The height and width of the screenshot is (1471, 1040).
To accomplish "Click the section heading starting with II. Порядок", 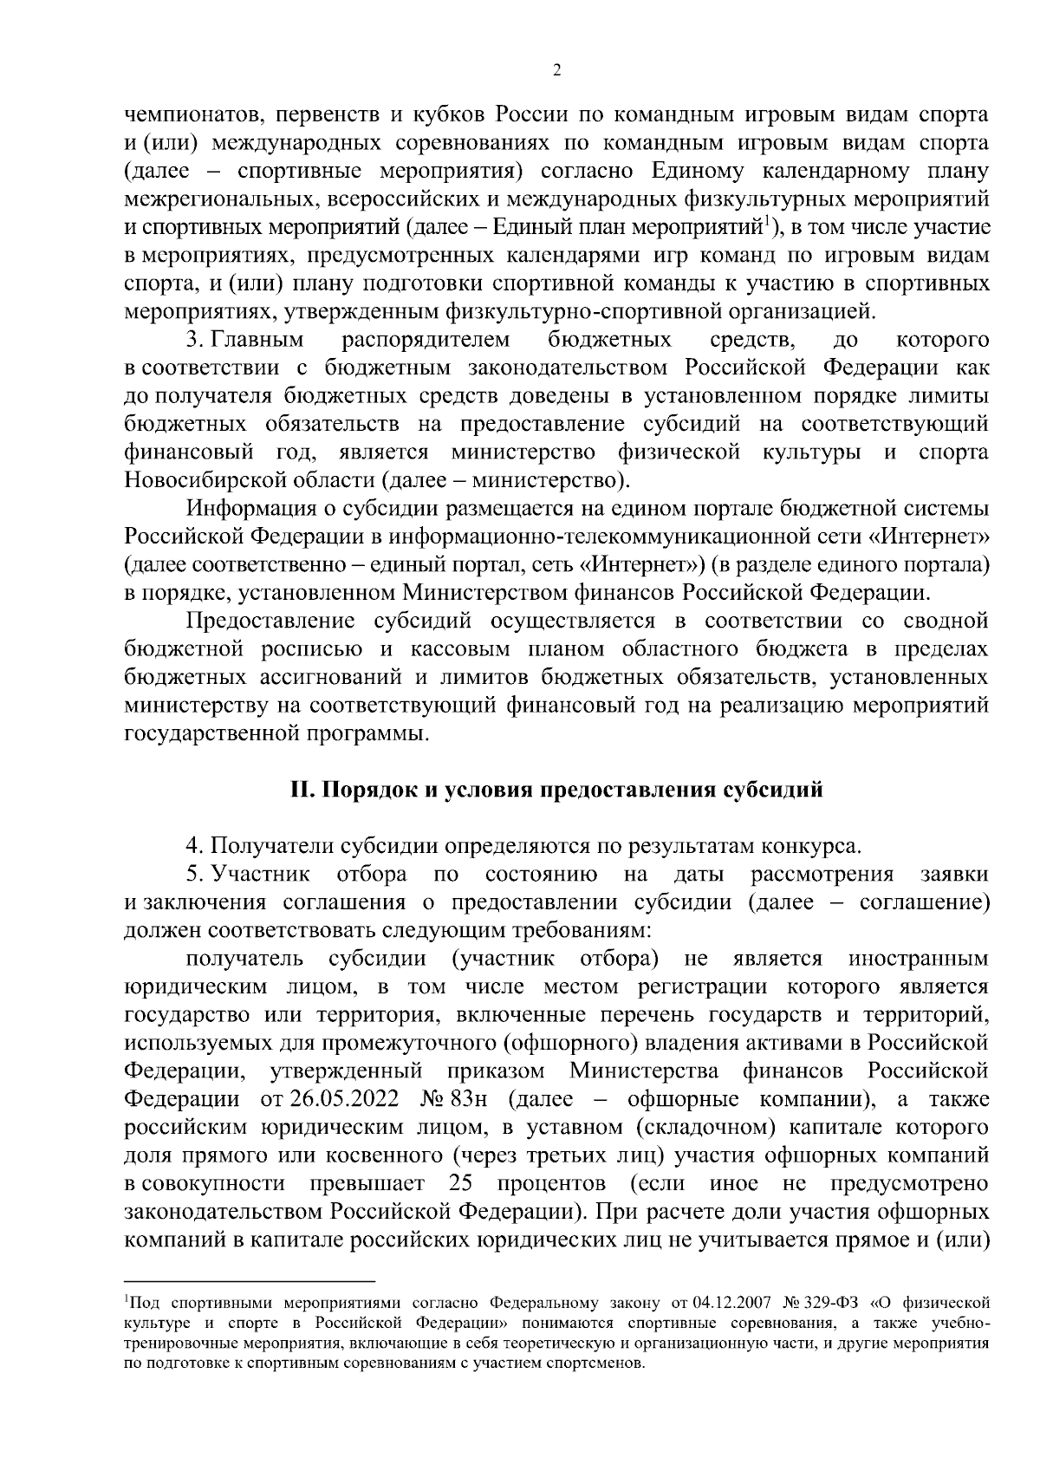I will point(556,790).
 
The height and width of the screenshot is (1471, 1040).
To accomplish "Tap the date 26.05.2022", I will point(344,1100).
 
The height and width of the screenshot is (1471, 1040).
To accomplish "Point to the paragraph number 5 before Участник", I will point(192,873).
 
